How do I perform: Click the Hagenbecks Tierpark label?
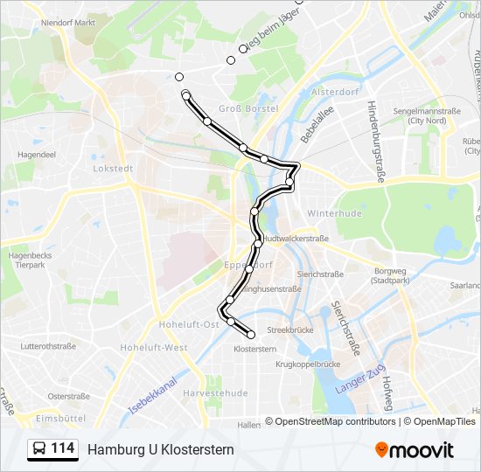pyautogui.click(x=30, y=260)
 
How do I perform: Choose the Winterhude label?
pyautogui.click(x=329, y=213)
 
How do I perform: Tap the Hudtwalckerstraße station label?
pyautogui.click(x=296, y=239)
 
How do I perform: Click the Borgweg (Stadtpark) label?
pyautogui.click(x=390, y=277)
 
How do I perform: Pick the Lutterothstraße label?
pyautogui.click(x=47, y=346)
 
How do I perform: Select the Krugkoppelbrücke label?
pyautogui.click(x=307, y=364)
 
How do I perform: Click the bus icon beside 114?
pyautogui.click(x=40, y=448)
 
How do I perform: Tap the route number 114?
pyautogui.click(x=62, y=448)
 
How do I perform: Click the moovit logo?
pyautogui.click(x=415, y=450)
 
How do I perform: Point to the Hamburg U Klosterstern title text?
pyautogui.click(x=160, y=449)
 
